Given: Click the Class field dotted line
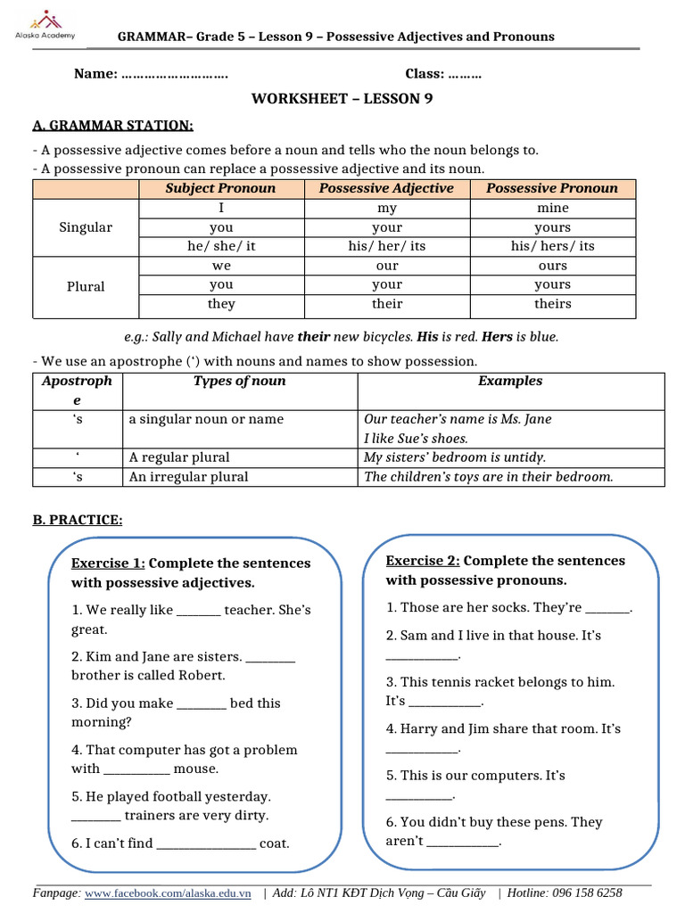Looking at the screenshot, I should coord(465,74).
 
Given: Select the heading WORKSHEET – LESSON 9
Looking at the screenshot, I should coord(342,99).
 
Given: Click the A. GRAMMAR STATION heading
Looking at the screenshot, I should coord(112,126).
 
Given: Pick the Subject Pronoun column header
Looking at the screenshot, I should coord(220,188).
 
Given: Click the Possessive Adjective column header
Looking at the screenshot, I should coord(386,188).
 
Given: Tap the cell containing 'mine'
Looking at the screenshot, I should coord(552,208).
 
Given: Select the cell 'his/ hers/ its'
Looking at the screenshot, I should coord(552,246).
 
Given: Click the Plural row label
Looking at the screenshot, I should coord(86,286).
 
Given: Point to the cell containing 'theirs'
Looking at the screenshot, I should coord(552,304).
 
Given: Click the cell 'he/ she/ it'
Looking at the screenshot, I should coord(221,246).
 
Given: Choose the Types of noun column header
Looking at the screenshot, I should coord(239,382).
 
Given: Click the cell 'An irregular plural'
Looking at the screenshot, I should coord(188,477).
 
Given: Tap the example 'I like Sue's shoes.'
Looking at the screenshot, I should coord(416,439).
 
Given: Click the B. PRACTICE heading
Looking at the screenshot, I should coord(78,520).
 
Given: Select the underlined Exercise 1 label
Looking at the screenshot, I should coord(108,563).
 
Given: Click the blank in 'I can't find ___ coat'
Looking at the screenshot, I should coord(206,844).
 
